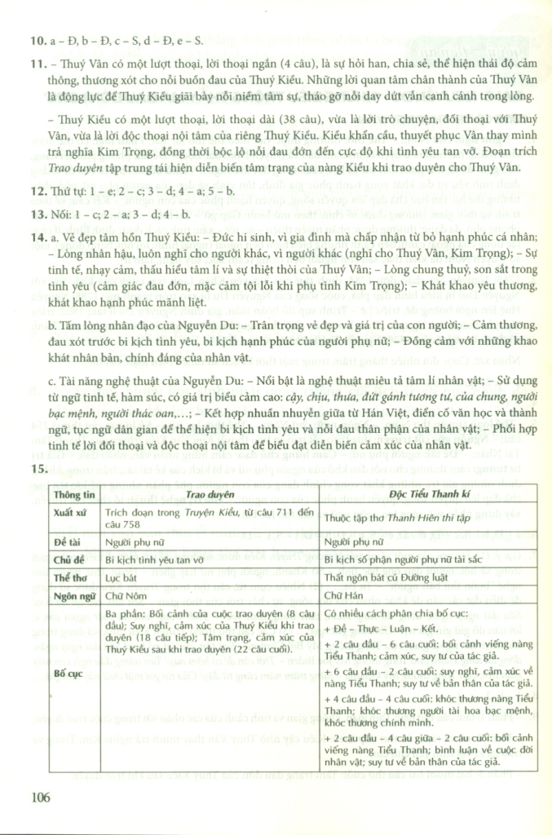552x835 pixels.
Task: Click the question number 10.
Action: click(38, 39)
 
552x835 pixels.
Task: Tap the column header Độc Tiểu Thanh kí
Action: click(428, 495)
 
